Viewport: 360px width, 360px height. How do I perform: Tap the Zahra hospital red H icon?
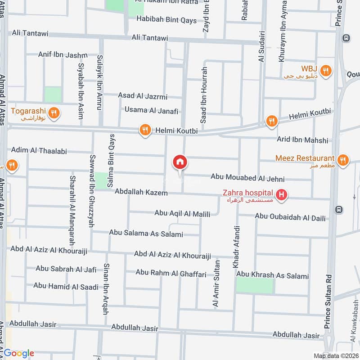pos(282,195)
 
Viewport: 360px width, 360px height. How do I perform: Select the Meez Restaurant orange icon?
pos(343,160)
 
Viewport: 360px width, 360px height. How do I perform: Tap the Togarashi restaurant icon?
pos(54,113)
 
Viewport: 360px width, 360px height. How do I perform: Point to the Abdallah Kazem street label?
pos(141,192)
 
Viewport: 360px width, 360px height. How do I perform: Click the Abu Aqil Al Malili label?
pos(182,213)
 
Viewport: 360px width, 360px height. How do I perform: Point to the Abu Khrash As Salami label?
pos(273,275)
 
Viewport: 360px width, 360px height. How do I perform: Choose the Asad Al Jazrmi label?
pos(143,96)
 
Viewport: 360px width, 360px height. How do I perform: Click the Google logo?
pos(19,353)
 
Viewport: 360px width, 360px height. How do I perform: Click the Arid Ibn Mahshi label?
pos(302,140)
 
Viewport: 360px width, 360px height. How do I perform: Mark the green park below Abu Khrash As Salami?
pos(255,285)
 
